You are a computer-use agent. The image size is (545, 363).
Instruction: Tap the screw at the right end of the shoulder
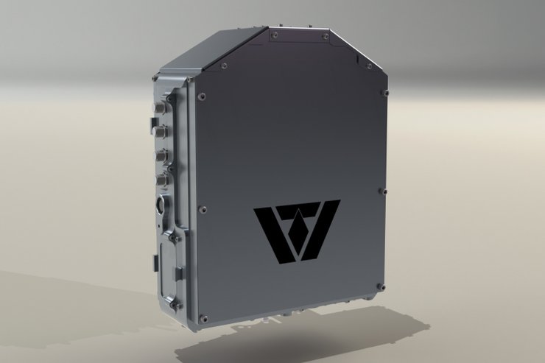click(x=383, y=93)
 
